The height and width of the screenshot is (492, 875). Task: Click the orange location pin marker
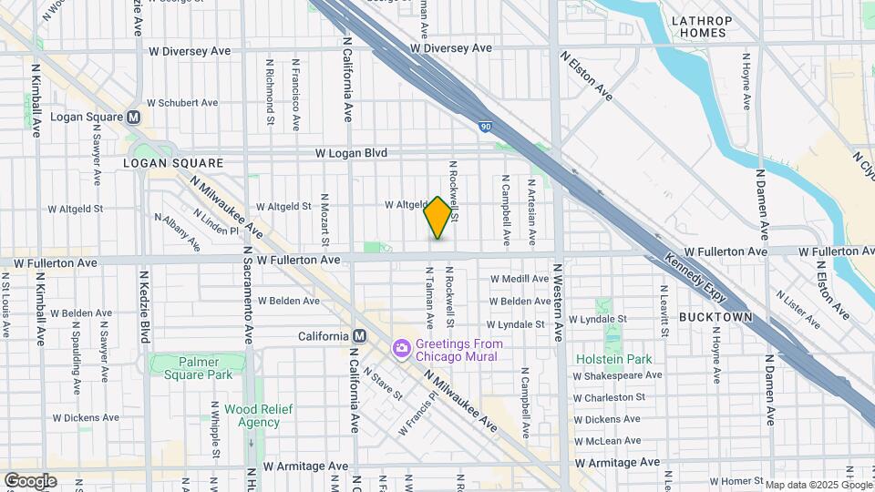pyautogui.click(x=437, y=218)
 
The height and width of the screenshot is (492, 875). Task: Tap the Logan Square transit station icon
pyautogui.click(x=134, y=117)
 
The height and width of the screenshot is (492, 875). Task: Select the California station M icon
pyautogui.click(x=360, y=336)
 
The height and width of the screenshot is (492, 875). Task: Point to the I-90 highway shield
pyautogui.click(x=485, y=126)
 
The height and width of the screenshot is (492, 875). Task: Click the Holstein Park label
pyautogui.click(x=614, y=359)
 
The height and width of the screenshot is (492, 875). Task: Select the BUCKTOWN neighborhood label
pyautogui.click(x=715, y=317)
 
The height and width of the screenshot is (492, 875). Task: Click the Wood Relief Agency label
pyautogui.click(x=260, y=415)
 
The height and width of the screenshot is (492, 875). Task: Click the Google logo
pyautogui.click(x=30, y=481)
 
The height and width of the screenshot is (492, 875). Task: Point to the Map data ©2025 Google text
pyautogui.click(x=818, y=485)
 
